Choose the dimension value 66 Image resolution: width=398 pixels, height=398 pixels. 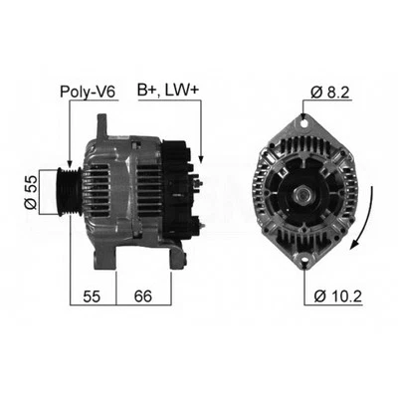point(142,296)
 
